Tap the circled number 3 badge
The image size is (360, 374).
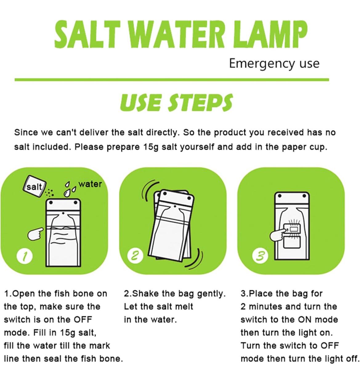coord(260,256)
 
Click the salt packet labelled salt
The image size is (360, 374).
coord(34,186)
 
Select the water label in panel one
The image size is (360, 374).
coord(90,184)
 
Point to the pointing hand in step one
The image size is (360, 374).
coord(35,234)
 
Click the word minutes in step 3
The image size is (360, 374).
coord(265,307)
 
